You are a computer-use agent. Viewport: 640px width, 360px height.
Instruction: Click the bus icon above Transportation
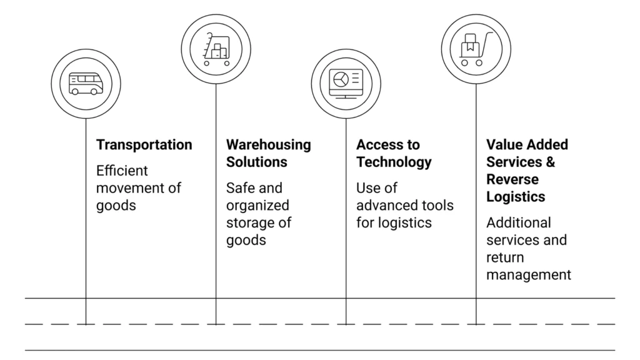click(86, 84)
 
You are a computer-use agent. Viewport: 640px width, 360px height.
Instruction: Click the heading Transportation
click(144, 145)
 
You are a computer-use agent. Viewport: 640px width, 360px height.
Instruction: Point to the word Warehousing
click(268, 145)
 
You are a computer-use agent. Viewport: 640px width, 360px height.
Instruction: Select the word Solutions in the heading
click(256, 162)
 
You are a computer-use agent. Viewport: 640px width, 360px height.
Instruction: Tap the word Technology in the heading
click(394, 162)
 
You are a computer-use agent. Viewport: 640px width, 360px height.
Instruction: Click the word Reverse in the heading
click(512, 179)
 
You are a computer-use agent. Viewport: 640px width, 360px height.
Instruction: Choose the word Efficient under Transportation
click(122, 171)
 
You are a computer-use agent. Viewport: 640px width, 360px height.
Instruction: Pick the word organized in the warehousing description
click(257, 205)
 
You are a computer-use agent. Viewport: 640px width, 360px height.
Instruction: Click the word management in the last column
click(529, 274)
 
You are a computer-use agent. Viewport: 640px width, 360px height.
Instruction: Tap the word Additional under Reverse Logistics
click(518, 222)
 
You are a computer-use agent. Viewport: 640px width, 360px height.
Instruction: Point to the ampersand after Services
click(549, 162)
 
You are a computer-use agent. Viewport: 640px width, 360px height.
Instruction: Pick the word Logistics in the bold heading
click(516, 197)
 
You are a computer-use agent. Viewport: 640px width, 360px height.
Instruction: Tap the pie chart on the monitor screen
click(340, 79)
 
